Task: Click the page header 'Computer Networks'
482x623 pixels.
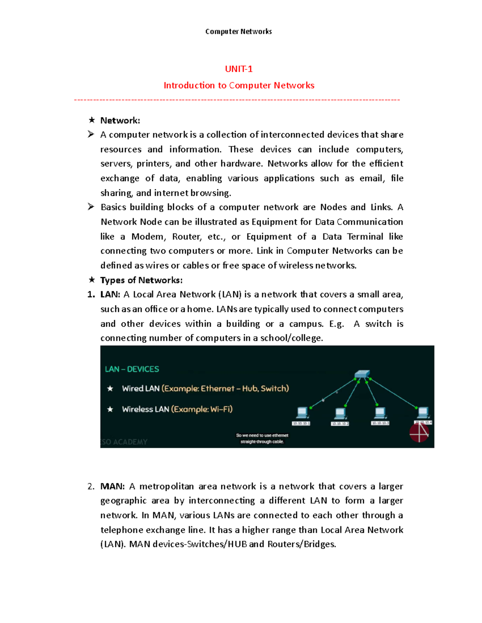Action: coord(238,32)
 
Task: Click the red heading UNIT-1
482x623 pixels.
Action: coord(239,69)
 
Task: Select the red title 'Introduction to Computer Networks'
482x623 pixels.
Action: coord(239,85)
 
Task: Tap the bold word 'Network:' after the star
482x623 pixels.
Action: coord(120,120)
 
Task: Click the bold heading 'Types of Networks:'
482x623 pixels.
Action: coord(141,280)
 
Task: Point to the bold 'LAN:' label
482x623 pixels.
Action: coord(110,294)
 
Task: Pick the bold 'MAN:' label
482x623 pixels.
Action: coord(112,486)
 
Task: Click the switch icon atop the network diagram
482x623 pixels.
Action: coord(362,374)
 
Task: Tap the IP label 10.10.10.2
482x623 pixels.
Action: coord(340,424)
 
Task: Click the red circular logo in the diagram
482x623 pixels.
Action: coord(419,433)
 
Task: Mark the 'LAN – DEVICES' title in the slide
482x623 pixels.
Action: coord(132,369)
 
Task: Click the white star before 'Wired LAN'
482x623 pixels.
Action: coord(110,388)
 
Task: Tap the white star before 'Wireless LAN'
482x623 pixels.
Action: coord(110,409)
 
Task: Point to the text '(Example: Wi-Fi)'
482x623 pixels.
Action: coord(202,409)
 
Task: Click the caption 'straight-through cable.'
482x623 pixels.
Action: coord(262,442)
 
